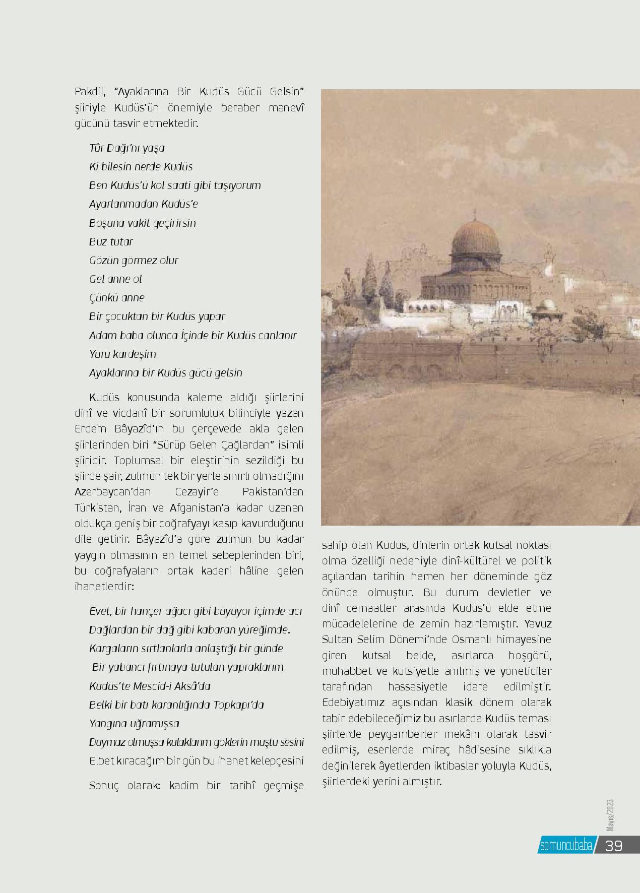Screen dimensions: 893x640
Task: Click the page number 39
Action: pyautogui.click(x=614, y=846)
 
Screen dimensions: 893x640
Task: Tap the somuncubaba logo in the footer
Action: pyautogui.click(x=565, y=846)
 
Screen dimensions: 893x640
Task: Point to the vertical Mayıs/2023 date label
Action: pyautogui.click(x=610, y=815)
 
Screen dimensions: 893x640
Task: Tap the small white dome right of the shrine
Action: pyautogui.click(x=547, y=305)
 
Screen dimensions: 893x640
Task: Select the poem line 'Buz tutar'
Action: pyautogui.click(x=111, y=242)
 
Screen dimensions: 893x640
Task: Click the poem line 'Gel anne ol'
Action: pyautogui.click(x=115, y=279)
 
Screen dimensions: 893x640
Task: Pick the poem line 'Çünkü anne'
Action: pyautogui.click(x=116, y=298)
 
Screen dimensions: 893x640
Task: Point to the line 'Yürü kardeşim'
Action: pyautogui.click(x=122, y=354)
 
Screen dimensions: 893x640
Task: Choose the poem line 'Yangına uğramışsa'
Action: pyautogui.click(x=134, y=724)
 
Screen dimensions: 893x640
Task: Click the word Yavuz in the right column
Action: pyautogui.click(x=538, y=624)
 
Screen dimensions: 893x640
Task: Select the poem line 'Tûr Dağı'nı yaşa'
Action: pyautogui.click(x=127, y=148)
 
